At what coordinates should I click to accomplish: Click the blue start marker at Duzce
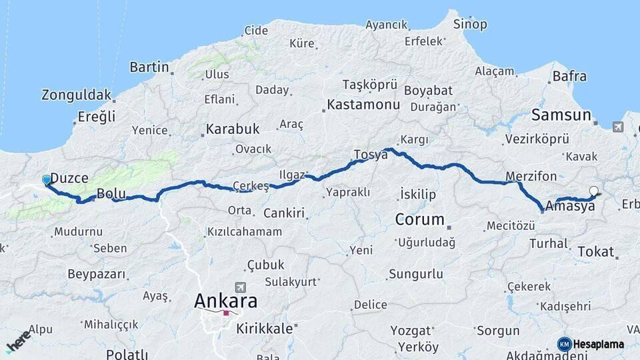(x=47, y=180)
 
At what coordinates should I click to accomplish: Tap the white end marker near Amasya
(x=593, y=191)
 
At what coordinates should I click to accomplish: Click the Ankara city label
(x=225, y=301)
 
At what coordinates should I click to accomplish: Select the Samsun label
(x=561, y=115)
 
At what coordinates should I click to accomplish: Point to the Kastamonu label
(x=363, y=105)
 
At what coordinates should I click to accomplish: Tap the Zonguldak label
(x=76, y=95)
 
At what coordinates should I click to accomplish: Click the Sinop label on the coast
(x=470, y=25)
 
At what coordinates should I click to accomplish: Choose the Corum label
(x=419, y=219)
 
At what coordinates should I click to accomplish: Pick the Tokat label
(x=595, y=251)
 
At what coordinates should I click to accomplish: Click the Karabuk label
(x=232, y=129)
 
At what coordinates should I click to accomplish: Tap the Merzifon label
(x=531, y=177)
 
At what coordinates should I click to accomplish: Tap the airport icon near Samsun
(x=618, y=127)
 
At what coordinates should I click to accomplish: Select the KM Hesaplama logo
(x=591, y=344)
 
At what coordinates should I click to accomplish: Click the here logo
(x=17, y=341)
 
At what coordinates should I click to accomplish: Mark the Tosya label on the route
(x=371, y=155)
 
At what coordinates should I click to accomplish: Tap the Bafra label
(x=570, y=77)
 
